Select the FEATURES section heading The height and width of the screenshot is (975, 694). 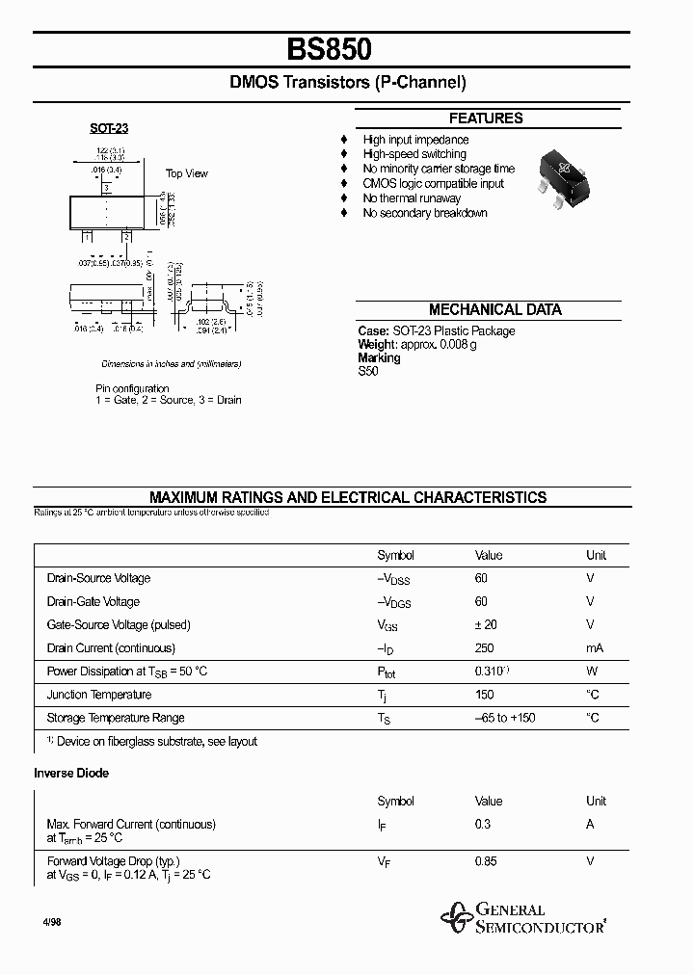coord(486,119)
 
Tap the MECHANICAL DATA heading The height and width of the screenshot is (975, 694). coord(494,310)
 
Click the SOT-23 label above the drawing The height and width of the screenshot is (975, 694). coord(109,128)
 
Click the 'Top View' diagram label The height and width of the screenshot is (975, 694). coord(186,173)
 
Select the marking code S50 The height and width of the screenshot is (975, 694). coord(368,371)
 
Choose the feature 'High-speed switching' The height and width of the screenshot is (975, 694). coord(414,154)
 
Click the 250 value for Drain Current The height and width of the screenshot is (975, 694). coord(485,648)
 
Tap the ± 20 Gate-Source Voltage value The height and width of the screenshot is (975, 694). coord(486,625)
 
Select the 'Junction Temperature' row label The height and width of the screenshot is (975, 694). coord(99,695)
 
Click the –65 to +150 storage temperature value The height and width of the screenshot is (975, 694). coord(505,718)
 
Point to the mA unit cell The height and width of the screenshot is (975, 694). coord(595,648)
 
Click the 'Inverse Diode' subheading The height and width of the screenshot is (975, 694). coord(71,773)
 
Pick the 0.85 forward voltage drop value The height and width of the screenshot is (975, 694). coord(486,861)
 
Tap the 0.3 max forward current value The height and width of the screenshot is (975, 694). coord(482,824)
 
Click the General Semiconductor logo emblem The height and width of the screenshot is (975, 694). coord(453,918)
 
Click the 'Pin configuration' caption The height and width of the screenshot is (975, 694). coord(132,388)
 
